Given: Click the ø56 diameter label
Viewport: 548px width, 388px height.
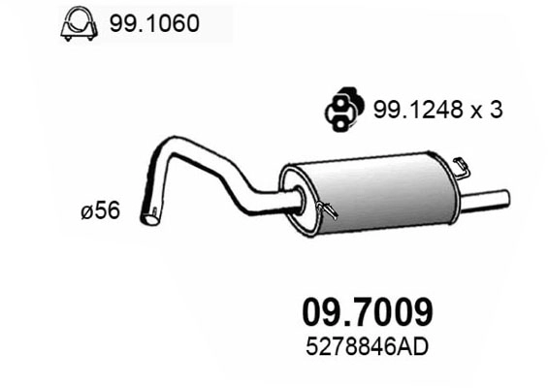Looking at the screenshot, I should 101,210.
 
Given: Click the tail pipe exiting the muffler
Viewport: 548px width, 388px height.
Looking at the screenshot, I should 485,201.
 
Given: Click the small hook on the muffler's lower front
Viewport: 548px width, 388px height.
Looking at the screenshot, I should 327,207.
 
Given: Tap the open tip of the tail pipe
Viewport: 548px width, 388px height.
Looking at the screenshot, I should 506,197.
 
